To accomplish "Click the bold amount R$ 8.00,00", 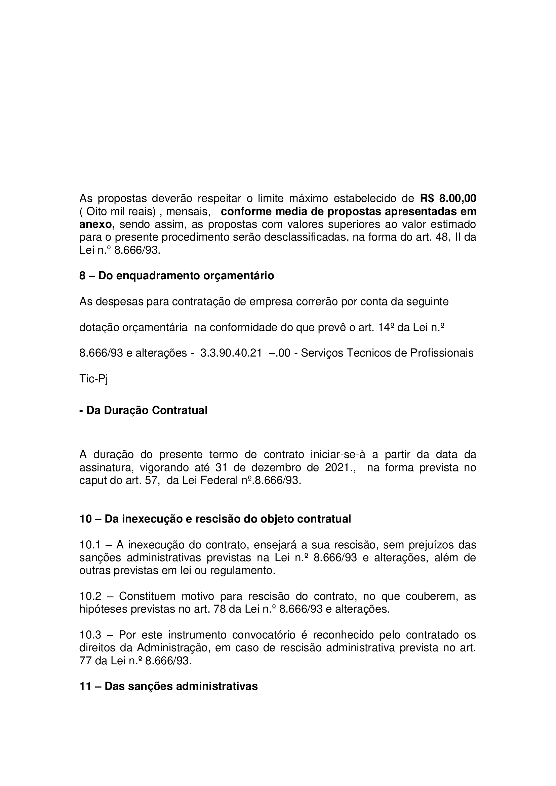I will pyautogui.click(x=448, y=198).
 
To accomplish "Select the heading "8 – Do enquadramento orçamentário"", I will pyautogui.click(x=177, y=276).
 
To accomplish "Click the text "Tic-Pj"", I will pyautogui.click(x=93, y=379).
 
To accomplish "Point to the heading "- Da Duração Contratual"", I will pyautogui.click(x=144, y=410).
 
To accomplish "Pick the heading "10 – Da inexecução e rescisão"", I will pyautogui.click(x=215, y=519).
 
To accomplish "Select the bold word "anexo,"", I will pyautogui.click(x=97, y=224).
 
